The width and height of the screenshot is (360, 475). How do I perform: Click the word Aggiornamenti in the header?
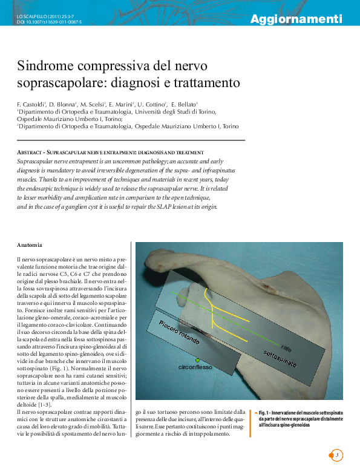(x=296, y=19)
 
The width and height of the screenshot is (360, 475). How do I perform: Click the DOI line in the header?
(x=49, y=22)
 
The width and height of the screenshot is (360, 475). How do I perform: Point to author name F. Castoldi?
(x=31, y=104)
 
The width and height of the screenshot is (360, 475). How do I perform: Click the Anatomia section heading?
(x=30, y=245)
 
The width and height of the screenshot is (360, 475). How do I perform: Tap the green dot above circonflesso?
(x=197, y=360)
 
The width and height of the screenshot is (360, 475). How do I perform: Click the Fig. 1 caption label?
(x=266, y=412)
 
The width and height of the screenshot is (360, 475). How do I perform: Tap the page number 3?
(x=338, y=455)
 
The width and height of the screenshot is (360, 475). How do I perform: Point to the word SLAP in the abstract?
(x=163, y=206)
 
